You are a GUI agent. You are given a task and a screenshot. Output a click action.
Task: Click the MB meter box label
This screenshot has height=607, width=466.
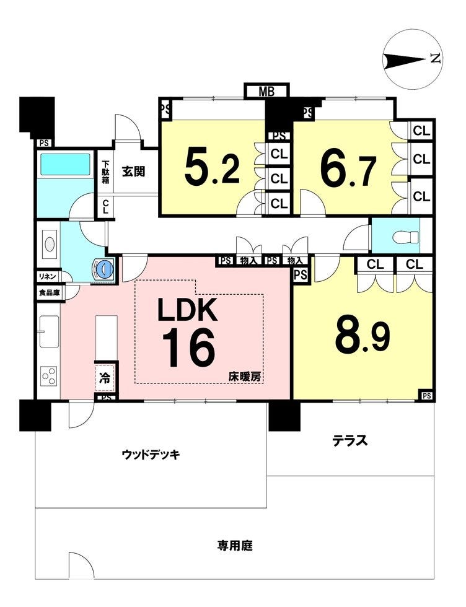click(x=266, y=92)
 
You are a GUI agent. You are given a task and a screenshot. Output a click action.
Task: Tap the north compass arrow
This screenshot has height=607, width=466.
click(x=405, y=61)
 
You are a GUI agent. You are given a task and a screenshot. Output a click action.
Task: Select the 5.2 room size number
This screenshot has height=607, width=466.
click(x=213, y=168)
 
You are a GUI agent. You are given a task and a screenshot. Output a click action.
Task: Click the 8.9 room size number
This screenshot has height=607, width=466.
click(x=362, y=335)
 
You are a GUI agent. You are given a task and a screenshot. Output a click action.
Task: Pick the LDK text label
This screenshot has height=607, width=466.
click(x=187, y=310)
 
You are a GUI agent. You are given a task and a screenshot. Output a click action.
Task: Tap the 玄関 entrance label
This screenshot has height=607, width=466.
click(x=134, y=172)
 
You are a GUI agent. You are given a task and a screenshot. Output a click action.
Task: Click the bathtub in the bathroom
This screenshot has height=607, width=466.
click(x=65, y=165)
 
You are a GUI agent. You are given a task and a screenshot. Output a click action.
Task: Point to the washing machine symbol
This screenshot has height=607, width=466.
click(x=103, y=268)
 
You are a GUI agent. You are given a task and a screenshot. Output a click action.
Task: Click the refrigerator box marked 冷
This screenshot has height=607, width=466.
click(x=105, y=378)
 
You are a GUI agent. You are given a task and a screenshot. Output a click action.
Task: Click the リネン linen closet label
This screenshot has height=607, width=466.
click(x=48, y=276)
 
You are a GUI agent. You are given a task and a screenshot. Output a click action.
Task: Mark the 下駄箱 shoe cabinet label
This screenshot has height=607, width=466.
click(x=105, y=172)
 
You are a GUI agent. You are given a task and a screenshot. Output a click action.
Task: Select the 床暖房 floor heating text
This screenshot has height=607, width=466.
click(x=244, y=377)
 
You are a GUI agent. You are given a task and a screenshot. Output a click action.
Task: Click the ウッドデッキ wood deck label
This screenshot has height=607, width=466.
click(x=151, y=454)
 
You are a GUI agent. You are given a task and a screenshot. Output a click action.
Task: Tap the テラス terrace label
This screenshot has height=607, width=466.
click(x=349, y=440)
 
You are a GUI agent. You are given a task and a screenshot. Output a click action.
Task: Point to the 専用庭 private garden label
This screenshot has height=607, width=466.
click(x=235, y=546)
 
